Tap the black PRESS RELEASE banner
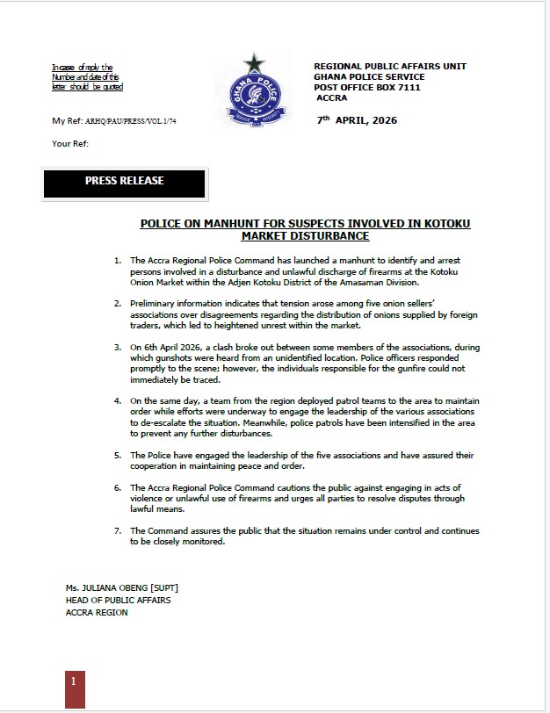(x=124, y=182)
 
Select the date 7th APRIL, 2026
(x=357, y=120)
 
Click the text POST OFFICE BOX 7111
(x=367, y=88)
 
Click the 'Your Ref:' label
(x=70, y=143)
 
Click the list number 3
(x=117, y=349)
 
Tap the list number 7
(x=117, y=531)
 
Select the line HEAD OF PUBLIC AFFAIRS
(x=118, y=600)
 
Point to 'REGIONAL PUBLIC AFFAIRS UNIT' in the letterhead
(x=390, y=67)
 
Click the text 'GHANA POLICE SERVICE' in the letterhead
(x=370, y=77)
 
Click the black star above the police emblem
(x=255, y=63)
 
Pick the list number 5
(x=117, y=456)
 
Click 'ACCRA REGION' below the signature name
(x=96, y=612)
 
